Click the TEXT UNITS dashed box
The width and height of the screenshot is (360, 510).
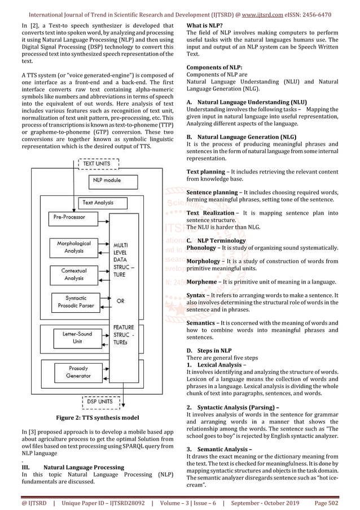[x=96, y=163]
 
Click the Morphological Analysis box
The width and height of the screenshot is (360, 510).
[x=74, y=246]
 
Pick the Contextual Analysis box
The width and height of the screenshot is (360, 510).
[x=74, y=274]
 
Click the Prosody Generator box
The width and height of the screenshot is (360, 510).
[x=78, y=372]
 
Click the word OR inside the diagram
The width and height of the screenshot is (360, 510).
[x=120, y=301]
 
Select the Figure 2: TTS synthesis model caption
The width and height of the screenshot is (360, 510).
[x=96, y=418]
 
